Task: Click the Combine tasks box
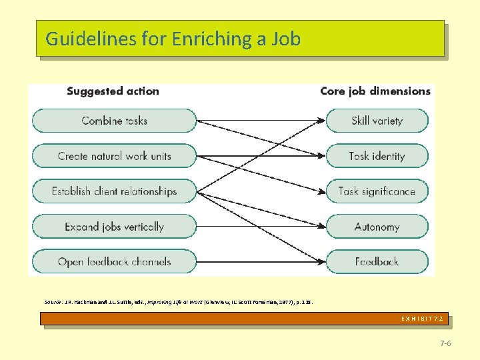click(114, 121)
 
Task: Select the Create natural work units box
click(114, 156)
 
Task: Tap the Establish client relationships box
click(114, 191)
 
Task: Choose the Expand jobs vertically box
click(114, 227)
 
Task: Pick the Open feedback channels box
click(114, 262)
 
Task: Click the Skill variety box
click(377, 121)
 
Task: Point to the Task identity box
click(377, 156)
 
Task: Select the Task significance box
click(377, 191)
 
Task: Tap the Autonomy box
click(377, 227)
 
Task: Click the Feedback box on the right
click(377, 262)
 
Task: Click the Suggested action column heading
click(113, 91)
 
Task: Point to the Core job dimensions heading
click(375, 91)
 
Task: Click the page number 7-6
click(445, 343)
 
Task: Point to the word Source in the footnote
click(53, 302)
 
